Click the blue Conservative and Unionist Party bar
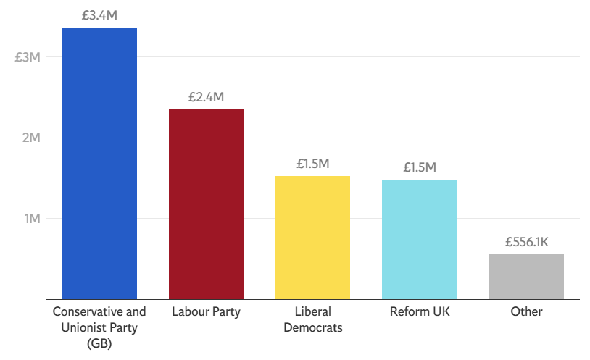tap(99, 163)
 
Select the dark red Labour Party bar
tap(206, 204)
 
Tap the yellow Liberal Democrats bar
tap(313, 237)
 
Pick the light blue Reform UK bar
tap(420, 239)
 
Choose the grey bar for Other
tap(526, 276)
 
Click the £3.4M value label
tap(99, 14)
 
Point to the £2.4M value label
tap(206, 96)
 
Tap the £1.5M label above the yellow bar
tap(313, 163)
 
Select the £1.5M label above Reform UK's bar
tap(420, 167)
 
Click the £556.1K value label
tap(526, 242)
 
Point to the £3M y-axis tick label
tap(28, 57)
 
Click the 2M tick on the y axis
tap(30, 138)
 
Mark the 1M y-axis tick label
tap(30, 218)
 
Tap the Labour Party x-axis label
tap(206, 312)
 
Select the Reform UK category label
tap(420, 312)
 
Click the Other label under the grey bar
tap(526, 312)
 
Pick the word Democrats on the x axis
tap(313, 327)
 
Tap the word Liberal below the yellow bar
tap(313, 312)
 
